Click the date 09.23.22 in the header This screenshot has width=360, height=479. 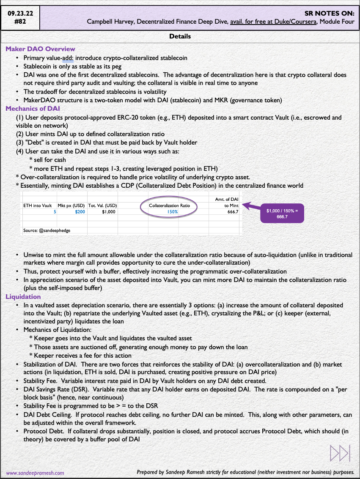click(20, 14)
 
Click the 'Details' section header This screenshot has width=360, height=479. click(180, 36)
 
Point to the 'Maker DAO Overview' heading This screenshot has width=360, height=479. click(40, 49)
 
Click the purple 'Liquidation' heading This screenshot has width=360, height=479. click(23, 297)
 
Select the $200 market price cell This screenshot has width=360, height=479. click(80, 212)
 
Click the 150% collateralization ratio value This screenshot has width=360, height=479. click(173, 212)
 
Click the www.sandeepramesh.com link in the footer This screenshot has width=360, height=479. click(35, 473)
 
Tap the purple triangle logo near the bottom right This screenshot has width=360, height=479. click(340, 453)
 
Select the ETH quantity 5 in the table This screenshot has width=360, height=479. click(55, 212)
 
